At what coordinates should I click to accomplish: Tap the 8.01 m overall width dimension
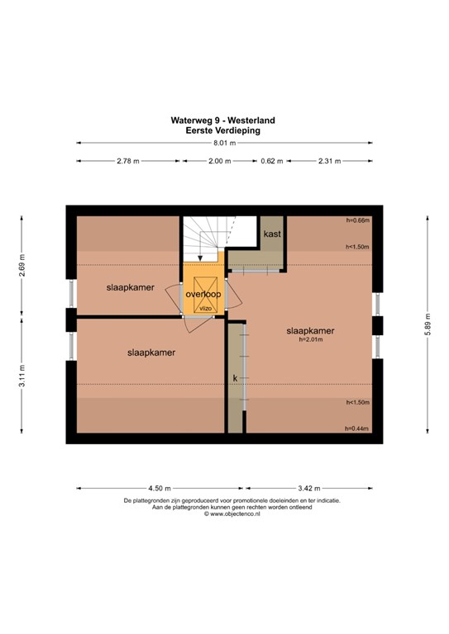coord(223,143)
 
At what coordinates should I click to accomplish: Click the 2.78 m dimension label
coord(128,161)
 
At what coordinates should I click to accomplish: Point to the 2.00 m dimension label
coord(219,161)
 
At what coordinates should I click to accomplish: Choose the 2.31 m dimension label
coord(330,161)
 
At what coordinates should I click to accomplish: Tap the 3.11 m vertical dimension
coord(23,380)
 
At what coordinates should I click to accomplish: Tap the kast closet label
coord(272,234)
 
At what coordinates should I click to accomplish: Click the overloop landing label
coord(203,294)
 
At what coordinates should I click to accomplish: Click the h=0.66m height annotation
coord(357,220)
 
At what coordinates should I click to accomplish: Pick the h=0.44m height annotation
coord(357,428)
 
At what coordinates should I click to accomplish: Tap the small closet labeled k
coord(235,377)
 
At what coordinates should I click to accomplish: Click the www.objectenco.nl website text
coord(223,513)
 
